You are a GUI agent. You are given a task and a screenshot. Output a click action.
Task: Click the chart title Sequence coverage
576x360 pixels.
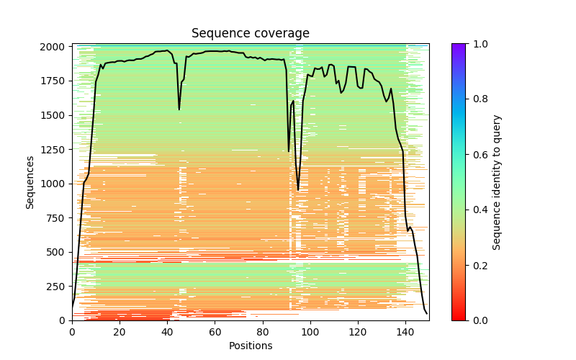pos(250,34)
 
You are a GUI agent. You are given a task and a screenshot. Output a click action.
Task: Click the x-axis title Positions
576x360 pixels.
pos(250,346)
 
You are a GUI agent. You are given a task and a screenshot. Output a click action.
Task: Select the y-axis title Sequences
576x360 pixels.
pos(30,181)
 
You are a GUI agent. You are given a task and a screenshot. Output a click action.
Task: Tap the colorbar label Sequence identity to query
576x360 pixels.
pos(497,182)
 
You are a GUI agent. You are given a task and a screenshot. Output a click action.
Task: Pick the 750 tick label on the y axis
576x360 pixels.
pos(58,218)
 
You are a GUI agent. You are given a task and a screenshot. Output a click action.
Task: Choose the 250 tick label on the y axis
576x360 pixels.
pos(58,287)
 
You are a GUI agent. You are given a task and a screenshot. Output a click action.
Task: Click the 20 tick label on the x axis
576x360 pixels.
pos(120,332)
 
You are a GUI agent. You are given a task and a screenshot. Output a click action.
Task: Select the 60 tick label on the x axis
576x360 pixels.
pos(215,332)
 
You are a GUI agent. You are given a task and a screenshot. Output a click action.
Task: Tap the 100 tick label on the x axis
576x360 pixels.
pos(310,332)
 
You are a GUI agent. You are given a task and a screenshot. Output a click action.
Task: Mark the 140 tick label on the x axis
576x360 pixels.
pos(405,332)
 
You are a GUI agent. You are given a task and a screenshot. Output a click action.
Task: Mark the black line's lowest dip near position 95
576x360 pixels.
pos(298,190)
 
